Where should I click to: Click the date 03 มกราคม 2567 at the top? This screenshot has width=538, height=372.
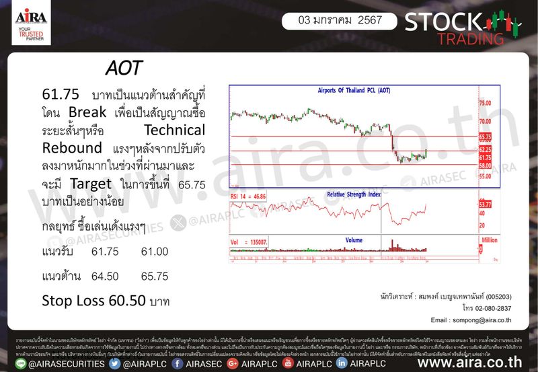(x=341, y=20)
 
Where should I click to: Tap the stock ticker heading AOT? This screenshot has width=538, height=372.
(x=124, y=70)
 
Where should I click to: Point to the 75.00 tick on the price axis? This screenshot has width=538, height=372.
(x=485, y=103)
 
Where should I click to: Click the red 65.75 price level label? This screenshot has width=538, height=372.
(x=485, y=136)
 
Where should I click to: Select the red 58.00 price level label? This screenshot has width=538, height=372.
(x=485, y=165)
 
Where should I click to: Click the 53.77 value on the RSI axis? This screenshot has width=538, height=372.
(x=485, y=202)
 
